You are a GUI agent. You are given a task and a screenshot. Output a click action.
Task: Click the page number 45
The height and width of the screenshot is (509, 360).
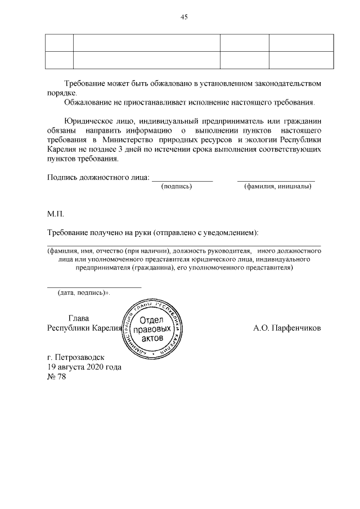pyautogui.click(x=183, y=17)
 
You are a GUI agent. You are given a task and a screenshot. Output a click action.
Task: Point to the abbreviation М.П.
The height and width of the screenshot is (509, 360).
pyautogui.click(x=56, y=214)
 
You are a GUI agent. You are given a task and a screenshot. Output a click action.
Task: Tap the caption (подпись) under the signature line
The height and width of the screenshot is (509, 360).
pyautogui.click(x=177, y=186)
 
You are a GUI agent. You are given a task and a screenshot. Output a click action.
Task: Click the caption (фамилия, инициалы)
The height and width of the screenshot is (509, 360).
pyautogui.click(x=277, y=186)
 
